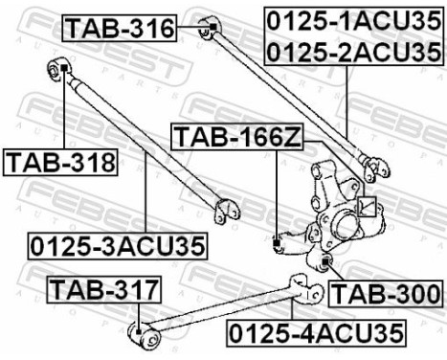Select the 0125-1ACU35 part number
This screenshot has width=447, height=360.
(x=346, y=20)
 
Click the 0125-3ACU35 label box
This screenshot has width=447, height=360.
(x=118, y=245)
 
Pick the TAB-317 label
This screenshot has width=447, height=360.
(x=105, y=287)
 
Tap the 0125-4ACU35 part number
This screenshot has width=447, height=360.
(x=316, y=332)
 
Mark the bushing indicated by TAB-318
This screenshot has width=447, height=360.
(x=56, y=69)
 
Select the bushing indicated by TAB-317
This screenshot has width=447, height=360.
(x=141, y=333)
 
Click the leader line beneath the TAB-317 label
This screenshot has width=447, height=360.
(x=141, y=311)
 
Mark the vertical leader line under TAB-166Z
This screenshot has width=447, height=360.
(x=277, y=191)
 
